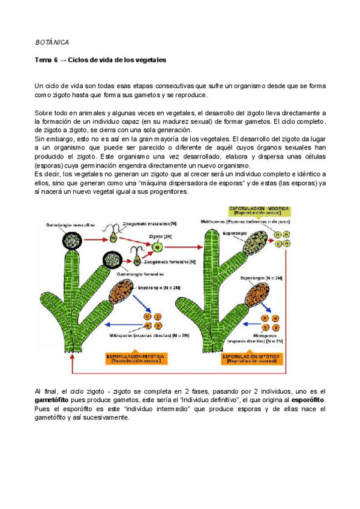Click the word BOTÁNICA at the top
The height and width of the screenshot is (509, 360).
click(52, 43)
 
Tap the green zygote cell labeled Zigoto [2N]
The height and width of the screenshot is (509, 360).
click(157, 247)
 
